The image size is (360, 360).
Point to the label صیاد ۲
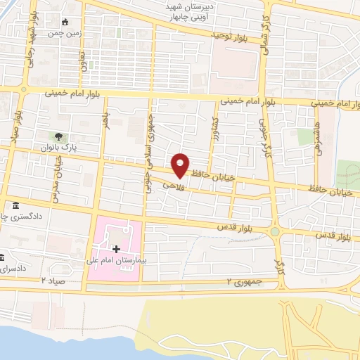point(53,280)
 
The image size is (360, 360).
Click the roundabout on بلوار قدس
point(274,231)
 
